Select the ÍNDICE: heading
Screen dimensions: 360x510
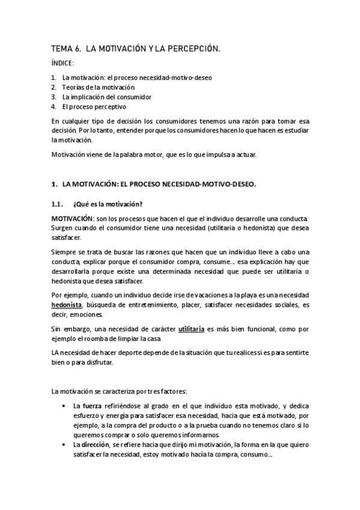pos(63,64)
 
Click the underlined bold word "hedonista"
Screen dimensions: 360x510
pos(66,305)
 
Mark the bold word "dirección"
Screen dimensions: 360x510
pos(96,444)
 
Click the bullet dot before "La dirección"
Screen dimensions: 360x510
pos(64,444)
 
